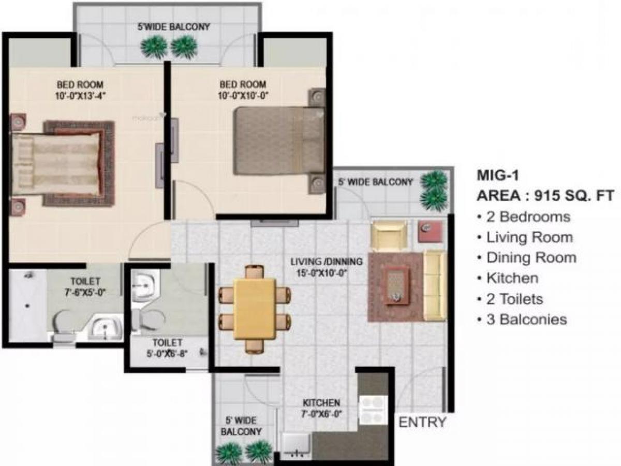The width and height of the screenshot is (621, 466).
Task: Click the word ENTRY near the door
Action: click(422, 422)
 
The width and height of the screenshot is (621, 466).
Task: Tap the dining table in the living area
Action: click(254, 309)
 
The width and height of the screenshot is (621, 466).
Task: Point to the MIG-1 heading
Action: click(497, 175)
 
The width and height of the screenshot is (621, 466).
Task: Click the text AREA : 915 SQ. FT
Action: click(545, 196)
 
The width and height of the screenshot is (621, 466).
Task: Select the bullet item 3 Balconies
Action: click(526, 319)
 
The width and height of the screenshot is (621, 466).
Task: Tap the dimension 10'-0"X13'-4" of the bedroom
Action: click(80, 95)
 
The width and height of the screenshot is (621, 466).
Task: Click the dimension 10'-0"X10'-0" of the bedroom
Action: click(243, 95)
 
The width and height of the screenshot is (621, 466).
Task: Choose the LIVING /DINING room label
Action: click(326, 261)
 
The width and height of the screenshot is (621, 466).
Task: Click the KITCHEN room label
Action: click(321, 402)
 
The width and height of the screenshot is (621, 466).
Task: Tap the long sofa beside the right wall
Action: click(434, 285)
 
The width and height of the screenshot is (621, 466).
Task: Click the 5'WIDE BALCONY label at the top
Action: click(173, 27)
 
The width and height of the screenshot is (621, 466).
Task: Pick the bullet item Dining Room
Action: click(530, 257)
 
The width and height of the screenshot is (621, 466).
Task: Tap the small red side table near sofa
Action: click(430, 231)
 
